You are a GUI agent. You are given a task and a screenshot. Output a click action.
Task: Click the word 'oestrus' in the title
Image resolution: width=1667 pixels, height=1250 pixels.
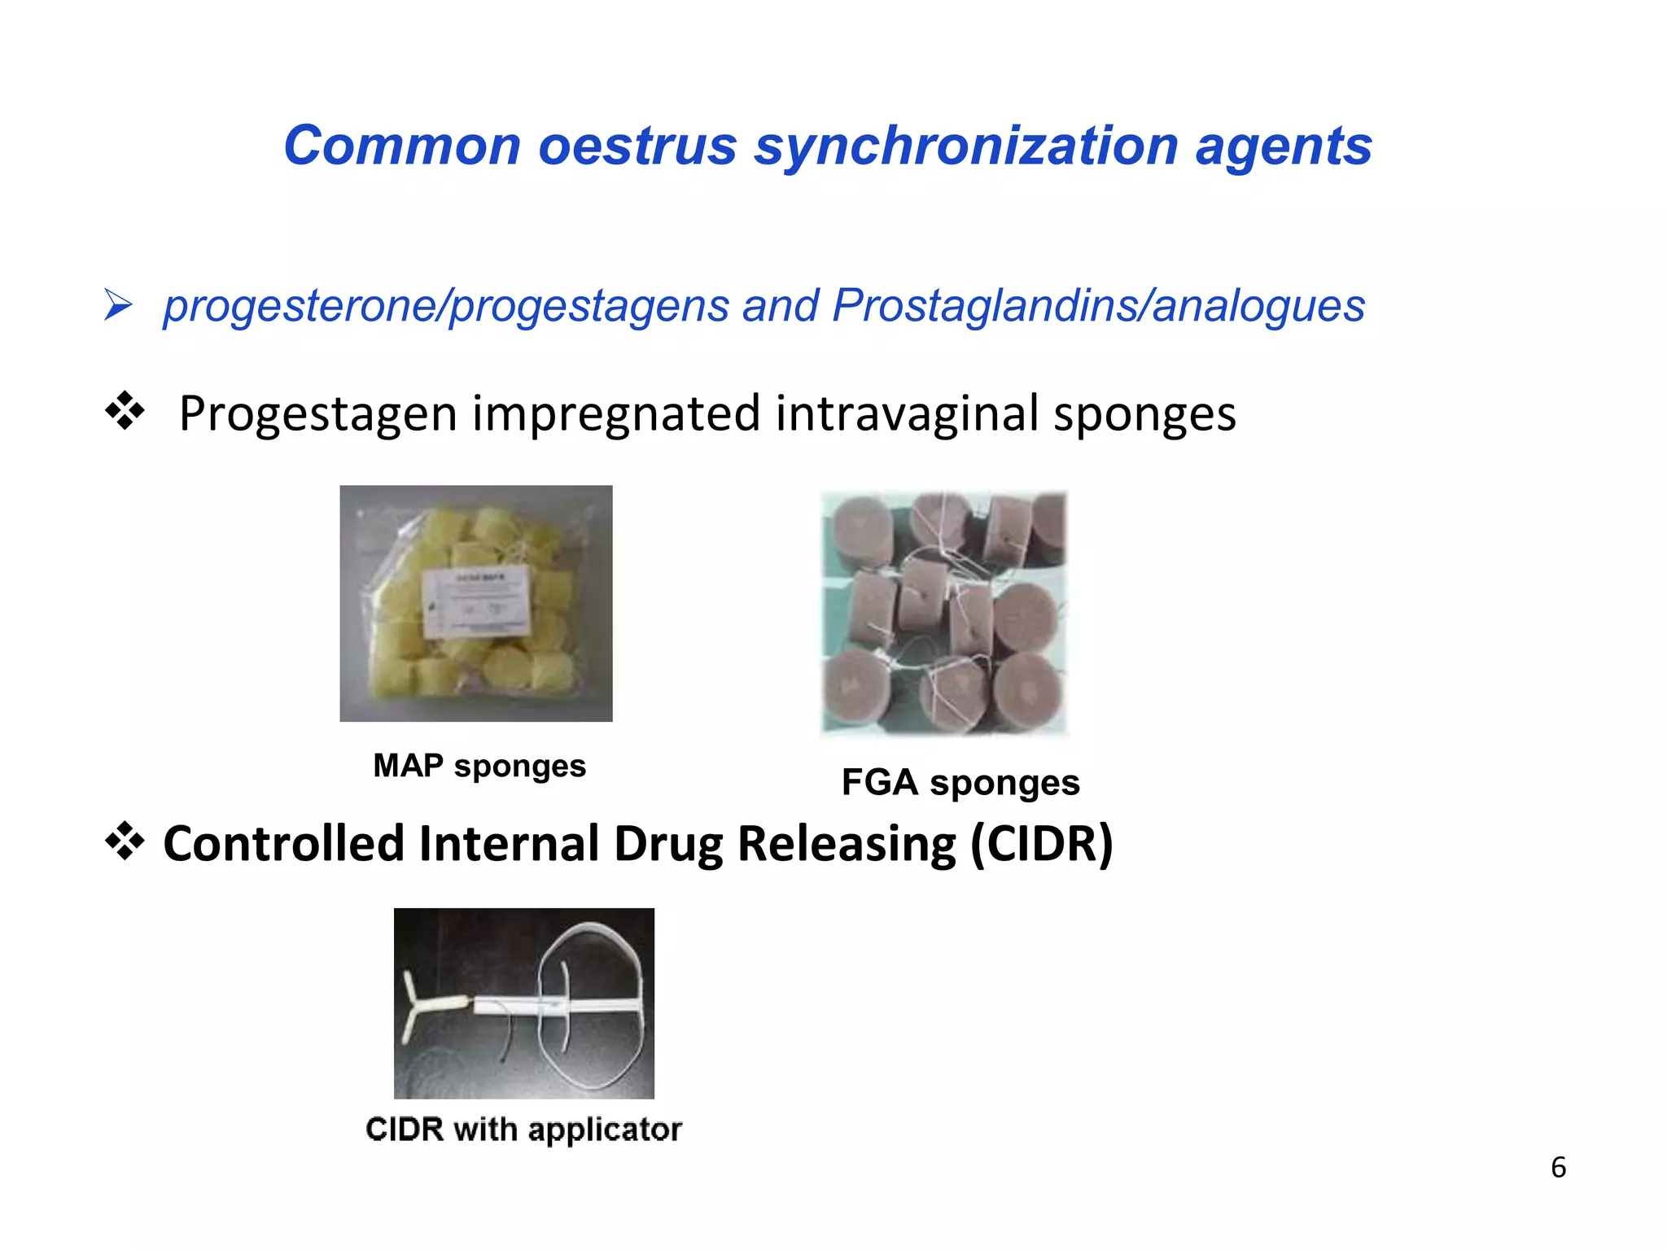pos(637,146)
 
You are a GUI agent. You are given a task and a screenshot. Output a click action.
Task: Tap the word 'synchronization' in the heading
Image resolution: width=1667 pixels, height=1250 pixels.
pos(965,146)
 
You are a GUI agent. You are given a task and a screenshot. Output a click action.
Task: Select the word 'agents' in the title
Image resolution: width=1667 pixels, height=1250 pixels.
pos(1284,146)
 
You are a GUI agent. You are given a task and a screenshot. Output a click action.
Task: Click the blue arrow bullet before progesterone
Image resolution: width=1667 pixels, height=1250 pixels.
pos(118,306)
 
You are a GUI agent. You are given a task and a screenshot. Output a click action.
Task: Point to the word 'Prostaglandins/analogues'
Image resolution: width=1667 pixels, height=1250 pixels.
pos(1098,306)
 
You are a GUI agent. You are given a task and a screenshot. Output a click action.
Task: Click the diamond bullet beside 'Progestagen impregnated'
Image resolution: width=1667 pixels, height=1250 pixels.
pos(125,411)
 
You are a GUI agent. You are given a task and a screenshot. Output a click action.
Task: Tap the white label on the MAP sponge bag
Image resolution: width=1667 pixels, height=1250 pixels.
pos(476,603)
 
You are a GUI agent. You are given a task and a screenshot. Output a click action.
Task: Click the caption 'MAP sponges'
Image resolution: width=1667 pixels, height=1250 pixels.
pos(479,766)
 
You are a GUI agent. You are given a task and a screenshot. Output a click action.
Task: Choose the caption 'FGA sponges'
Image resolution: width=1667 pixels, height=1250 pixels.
pos(960,782)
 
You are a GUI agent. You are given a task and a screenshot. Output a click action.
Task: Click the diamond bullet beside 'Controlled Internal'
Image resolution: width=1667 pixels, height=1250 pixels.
pos(125,841)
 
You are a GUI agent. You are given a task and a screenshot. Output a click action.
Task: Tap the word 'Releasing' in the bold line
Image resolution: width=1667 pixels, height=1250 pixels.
pos(846,843)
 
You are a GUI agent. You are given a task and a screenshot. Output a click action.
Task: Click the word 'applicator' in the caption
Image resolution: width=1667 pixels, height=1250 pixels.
pos(605,1130)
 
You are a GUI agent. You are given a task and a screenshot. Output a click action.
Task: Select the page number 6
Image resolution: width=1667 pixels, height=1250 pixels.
pos(1558,1168)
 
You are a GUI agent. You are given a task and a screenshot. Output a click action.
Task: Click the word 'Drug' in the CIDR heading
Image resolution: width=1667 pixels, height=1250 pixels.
pos(667,843)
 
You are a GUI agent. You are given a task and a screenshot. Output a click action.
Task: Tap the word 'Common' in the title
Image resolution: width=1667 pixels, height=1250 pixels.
pos(402,146)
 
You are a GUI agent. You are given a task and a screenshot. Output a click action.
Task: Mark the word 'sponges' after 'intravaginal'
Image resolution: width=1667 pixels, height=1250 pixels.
pos(1144,413)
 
